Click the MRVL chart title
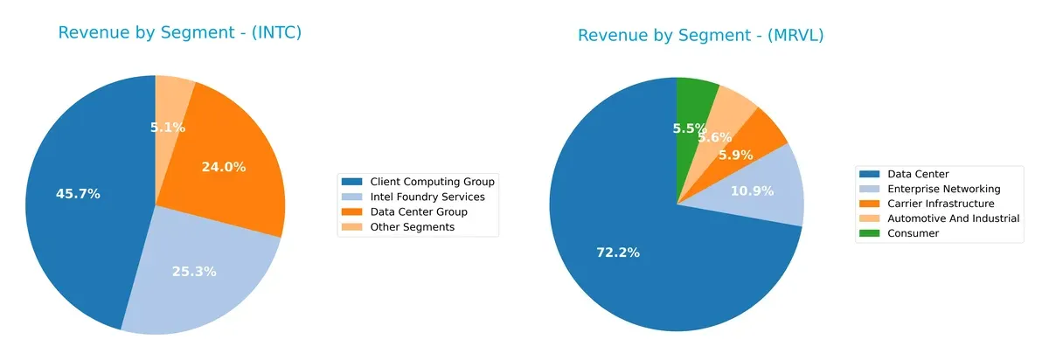pos(700,35)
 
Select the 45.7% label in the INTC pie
pos(78,194)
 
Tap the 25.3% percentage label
pos(193,272)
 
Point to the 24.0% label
pos(223,167)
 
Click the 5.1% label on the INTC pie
pos(167,128)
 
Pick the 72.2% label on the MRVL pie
pos(617,253)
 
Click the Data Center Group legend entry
pos(406,211)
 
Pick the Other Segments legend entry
pos(400,227)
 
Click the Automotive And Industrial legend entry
pos(940,218)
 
